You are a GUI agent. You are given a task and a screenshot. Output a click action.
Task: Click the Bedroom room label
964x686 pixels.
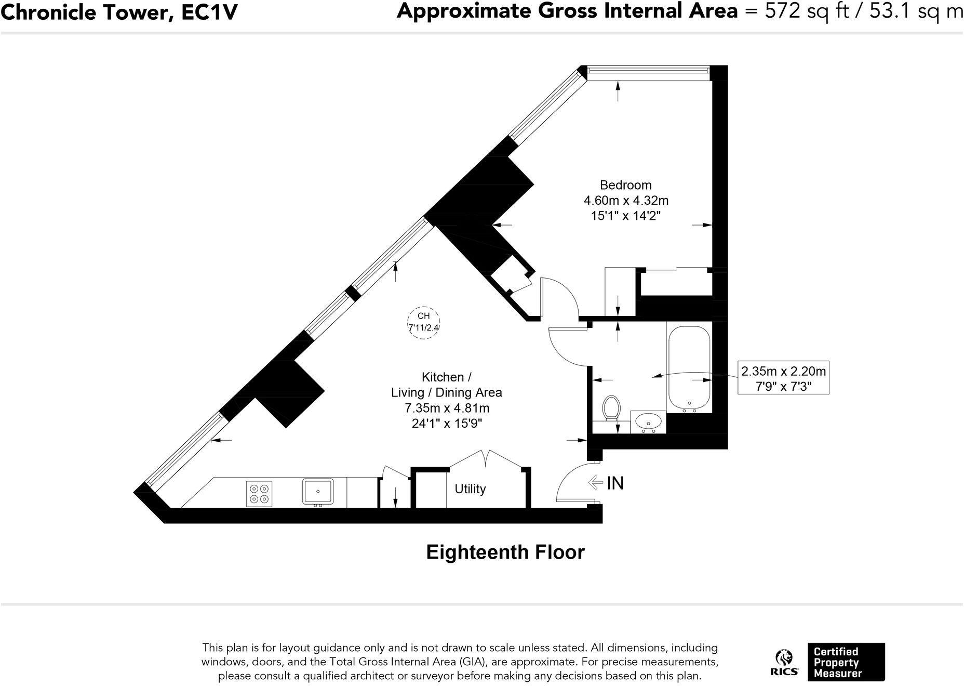[x=625, y=185]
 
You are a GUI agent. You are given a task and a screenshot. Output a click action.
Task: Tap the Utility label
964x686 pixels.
[x=470, y=489]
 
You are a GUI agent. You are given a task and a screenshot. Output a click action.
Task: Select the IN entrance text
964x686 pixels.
[x=615, y=483]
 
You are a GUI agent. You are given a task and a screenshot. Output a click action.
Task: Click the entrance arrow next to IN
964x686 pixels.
[x=595, y=483]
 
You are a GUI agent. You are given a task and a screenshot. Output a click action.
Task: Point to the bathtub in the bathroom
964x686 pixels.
[x=689, y=367]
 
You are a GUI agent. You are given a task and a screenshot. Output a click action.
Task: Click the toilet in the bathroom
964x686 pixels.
[x=611, y=408]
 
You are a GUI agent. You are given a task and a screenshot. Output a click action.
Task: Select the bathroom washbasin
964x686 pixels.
[x=648, y=422]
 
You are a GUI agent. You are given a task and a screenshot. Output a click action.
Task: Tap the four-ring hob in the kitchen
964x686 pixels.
[x=259, y=494]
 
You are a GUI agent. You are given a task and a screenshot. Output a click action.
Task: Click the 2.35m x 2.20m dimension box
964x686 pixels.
[x=783, y=378]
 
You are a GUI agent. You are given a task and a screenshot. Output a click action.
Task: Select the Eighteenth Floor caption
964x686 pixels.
[x=505, y=552]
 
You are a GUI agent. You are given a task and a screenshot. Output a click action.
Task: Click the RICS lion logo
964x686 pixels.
[x=784, y=662]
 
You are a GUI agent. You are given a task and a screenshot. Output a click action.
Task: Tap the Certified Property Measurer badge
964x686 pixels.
[x=846, y=662]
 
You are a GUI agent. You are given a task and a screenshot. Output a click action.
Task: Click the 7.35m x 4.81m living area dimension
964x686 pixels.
[x=447, y=408]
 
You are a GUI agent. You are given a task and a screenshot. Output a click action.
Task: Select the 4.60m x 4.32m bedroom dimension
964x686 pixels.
[x=626, y=200]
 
